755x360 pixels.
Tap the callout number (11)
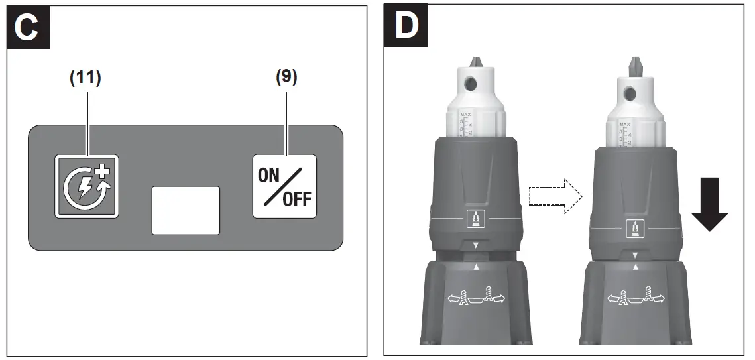click(86, 78)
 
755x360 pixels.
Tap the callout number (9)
click(286, 78)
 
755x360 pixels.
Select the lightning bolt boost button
click(86, 186)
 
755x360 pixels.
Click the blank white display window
click(186, 210)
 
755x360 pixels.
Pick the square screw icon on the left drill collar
click(475, 217)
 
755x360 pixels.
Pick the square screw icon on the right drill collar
click(634, 229)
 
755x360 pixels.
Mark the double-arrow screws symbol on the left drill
click(475, 298)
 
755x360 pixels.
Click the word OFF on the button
click(296, 200)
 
